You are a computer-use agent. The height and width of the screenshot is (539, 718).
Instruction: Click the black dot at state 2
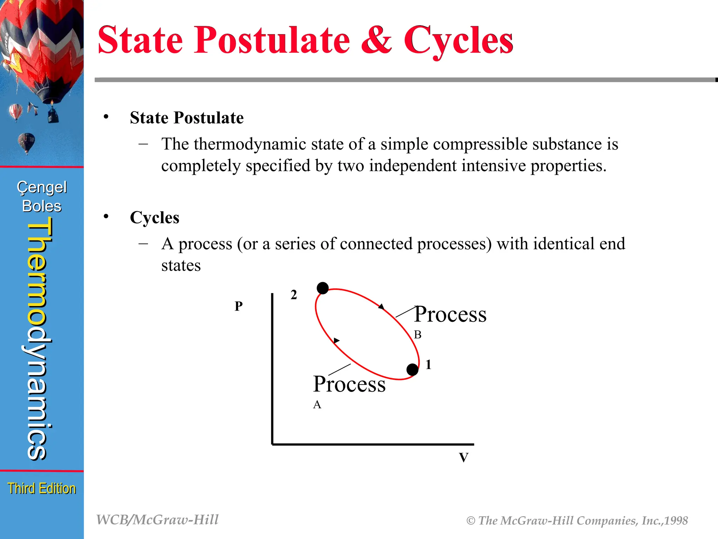coord(323,288)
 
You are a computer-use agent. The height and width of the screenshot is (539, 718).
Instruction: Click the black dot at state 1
coord(412,370)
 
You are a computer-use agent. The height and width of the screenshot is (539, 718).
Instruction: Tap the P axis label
coord(238,306)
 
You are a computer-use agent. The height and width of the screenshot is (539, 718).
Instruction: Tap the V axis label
coord(463,458)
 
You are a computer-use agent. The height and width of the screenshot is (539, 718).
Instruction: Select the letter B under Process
coord(418,335)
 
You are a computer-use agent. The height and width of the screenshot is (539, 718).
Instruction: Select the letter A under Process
coord(317,405)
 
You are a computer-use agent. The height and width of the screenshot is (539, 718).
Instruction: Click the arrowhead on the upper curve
coord(381,307)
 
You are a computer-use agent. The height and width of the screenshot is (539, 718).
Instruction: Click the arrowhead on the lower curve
coord(337,340)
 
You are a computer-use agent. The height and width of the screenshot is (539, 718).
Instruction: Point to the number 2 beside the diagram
coord(294,295)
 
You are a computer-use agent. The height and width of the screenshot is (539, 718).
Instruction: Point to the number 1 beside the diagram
coord(428,365)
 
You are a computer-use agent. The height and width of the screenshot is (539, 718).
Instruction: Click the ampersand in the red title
coord(376,40)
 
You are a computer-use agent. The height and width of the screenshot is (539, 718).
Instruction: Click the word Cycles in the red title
coord(458,40)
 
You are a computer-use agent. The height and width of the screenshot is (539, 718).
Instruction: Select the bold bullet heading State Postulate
coord(187,118)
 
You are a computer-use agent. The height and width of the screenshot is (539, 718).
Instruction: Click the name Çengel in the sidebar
coord(42,187)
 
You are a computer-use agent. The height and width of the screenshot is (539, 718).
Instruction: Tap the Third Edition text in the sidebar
coord(42,488)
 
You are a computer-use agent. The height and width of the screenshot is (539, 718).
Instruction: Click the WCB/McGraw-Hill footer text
coord(157,520)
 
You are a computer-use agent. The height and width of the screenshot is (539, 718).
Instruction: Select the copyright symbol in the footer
coord(470,521)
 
